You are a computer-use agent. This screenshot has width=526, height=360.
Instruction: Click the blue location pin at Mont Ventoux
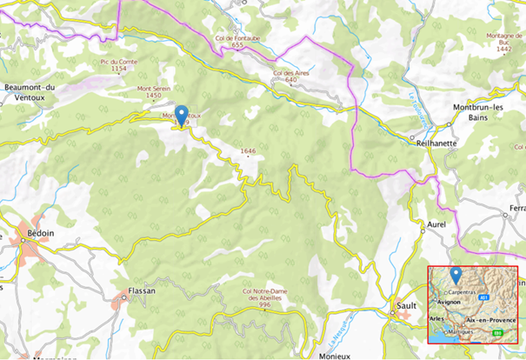(181, 114)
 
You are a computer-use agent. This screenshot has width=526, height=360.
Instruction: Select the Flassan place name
(140, 291)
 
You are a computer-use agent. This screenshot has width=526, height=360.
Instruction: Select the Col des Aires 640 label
(290, 77)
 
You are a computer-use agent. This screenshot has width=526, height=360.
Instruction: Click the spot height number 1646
(249, 151)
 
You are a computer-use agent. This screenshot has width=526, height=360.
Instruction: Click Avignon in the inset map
(449, 302)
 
